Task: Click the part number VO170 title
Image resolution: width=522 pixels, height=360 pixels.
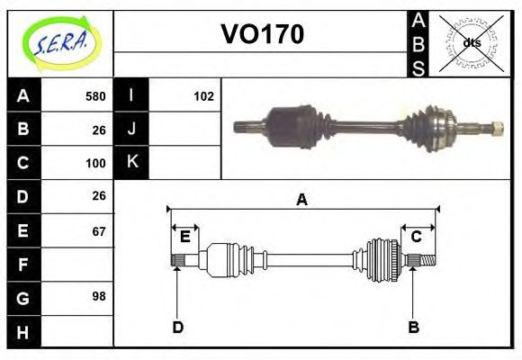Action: point(262,35)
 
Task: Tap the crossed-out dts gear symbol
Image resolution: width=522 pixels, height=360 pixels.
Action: point(471,42)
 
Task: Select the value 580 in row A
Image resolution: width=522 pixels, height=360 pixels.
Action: point(95,96)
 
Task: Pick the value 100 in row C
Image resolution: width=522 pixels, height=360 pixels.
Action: point(95,164)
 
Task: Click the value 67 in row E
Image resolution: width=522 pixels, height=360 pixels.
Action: point(98,231)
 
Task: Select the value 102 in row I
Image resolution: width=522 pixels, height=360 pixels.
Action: point(203,96)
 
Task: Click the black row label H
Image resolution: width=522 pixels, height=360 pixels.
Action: point(22,332)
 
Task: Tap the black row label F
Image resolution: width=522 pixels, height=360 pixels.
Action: point(22,265)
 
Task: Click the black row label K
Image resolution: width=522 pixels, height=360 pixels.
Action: point(131,163)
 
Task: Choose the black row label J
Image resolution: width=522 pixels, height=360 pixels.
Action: point(131,130)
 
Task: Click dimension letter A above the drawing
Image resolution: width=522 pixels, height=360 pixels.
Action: point(302,200)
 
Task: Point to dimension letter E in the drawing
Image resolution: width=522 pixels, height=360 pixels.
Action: point(185,237)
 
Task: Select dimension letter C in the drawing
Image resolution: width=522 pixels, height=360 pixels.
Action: point(417,237)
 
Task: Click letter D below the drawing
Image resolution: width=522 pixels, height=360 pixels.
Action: point(178,327)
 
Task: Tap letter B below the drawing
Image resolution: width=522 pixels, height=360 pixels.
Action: point(413,327)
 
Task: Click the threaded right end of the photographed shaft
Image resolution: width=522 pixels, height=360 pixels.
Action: point(493,129)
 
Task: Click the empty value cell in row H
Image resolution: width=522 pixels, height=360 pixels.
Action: point(77,332)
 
